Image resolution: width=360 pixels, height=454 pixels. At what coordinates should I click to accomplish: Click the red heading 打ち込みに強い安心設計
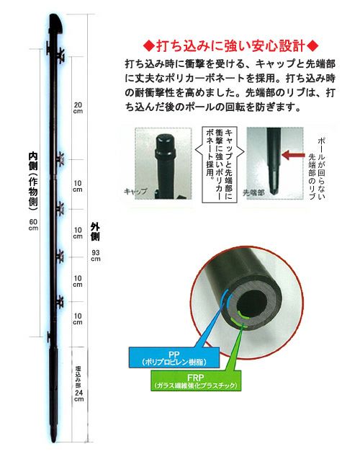coord(230,46)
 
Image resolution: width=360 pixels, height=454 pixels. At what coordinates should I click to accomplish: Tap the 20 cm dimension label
coord(78,107)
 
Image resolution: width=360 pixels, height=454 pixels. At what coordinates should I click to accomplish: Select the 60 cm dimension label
coord(33,224)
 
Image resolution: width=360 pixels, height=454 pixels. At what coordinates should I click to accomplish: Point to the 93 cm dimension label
coord(96,255)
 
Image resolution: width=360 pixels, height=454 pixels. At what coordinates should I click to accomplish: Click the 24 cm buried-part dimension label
coord(78,396)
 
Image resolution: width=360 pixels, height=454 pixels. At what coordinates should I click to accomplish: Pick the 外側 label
coord(95,231)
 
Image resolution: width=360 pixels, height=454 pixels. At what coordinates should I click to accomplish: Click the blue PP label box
coord(174,357)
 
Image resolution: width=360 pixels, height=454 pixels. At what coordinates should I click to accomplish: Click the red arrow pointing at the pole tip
coord(293,155)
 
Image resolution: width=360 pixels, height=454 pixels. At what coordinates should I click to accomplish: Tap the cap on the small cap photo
coord(165,144)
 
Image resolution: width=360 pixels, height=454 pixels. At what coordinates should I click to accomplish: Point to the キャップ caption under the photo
coord(135,192)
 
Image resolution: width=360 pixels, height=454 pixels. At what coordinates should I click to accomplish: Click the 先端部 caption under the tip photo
coord(253,192)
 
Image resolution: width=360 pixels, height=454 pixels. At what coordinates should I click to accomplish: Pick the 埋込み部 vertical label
coord(78,376)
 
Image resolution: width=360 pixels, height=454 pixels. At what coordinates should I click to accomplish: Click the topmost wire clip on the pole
coord(60,55)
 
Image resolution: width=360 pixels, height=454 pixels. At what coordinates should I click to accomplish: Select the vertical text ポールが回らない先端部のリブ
coord(318,168)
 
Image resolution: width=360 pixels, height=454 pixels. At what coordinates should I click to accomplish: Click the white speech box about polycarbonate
coord(220,164)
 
